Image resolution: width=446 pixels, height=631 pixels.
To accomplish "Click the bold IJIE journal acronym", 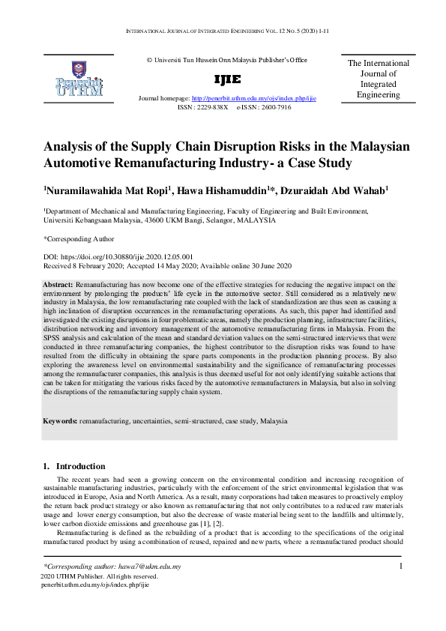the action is (228, 80).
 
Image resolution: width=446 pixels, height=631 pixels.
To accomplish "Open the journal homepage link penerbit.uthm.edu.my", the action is (254, 98).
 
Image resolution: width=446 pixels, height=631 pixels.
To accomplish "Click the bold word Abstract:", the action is (58, 286).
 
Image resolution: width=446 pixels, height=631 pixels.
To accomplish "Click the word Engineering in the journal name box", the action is (378, 95).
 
